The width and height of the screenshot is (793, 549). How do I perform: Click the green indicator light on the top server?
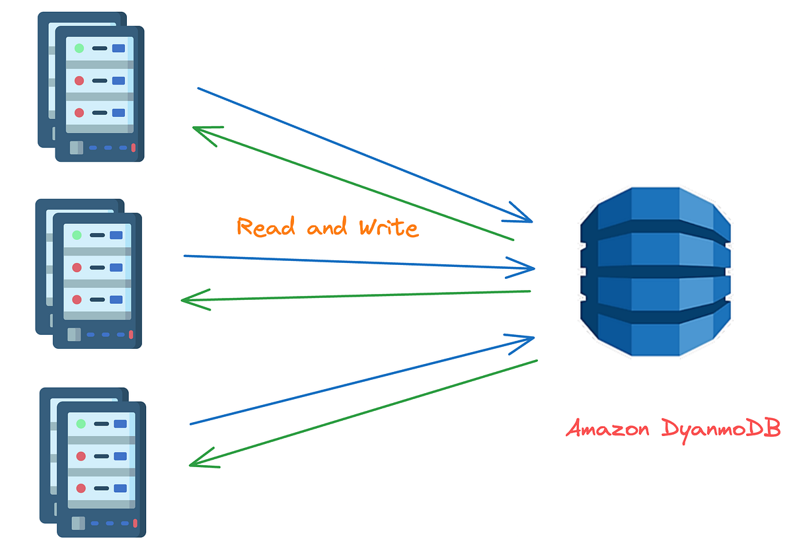point(79,48)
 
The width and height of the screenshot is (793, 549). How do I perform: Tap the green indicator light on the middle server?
point(77,235)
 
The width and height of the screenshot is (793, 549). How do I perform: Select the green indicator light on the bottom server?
point(81,423)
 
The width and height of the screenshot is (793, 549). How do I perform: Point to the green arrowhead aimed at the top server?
point(199,131)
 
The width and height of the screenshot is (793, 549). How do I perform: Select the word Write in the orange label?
point(389,228)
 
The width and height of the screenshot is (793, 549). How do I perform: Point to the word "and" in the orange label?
point(327,228)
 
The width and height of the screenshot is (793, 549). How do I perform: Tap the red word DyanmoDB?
point(721,430)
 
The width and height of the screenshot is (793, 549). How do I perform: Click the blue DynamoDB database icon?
point(655,270)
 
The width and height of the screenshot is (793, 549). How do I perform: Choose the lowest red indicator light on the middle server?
point(77,299)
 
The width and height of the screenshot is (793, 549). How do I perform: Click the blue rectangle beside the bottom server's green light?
point(120,423)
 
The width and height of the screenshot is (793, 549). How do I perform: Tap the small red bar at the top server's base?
point(133,148)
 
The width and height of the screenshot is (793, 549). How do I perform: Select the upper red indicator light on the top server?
point(79,81)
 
